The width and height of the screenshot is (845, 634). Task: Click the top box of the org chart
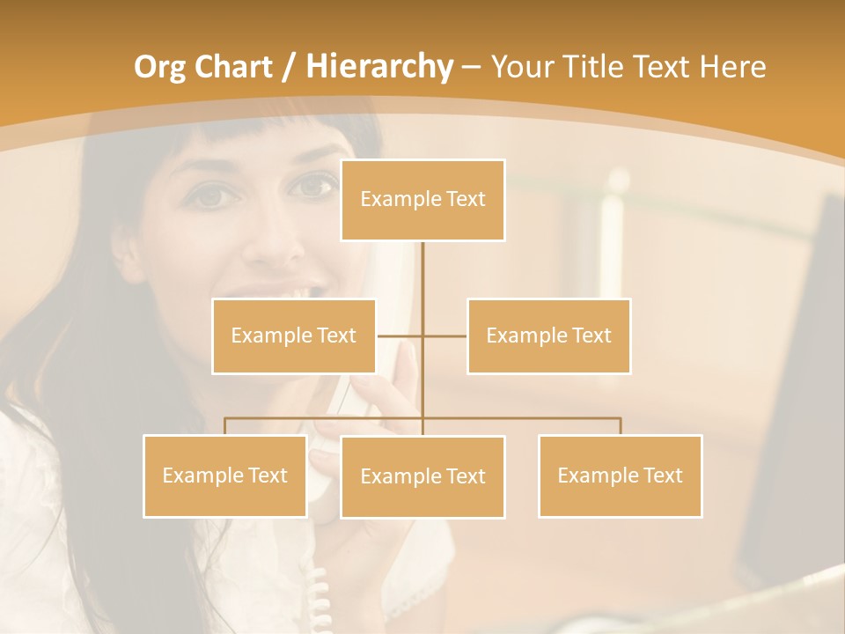(422, 200)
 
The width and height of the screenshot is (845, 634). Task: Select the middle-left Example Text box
(294, 335)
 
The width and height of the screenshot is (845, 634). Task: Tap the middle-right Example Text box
(548, 335)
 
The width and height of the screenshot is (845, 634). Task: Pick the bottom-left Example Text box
(225, 475)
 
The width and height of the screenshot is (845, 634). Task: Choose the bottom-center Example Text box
(422, 476)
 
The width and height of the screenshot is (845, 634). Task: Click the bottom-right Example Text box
(620, 475)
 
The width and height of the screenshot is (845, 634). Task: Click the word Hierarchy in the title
(379, 66)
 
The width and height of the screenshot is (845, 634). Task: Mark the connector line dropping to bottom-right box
(621, 426)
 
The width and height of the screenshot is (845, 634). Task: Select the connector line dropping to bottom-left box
(225, 426)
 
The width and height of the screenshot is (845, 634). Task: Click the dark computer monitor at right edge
(792, 396)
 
